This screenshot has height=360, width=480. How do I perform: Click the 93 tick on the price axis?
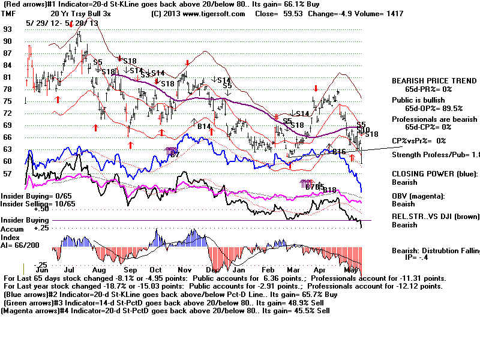[x=8, y=29]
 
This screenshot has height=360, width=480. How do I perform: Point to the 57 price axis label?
[x=8, y=173]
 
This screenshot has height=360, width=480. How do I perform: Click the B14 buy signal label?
[x=205, y=127]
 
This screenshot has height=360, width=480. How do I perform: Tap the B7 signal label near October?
[x=175, y=154]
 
